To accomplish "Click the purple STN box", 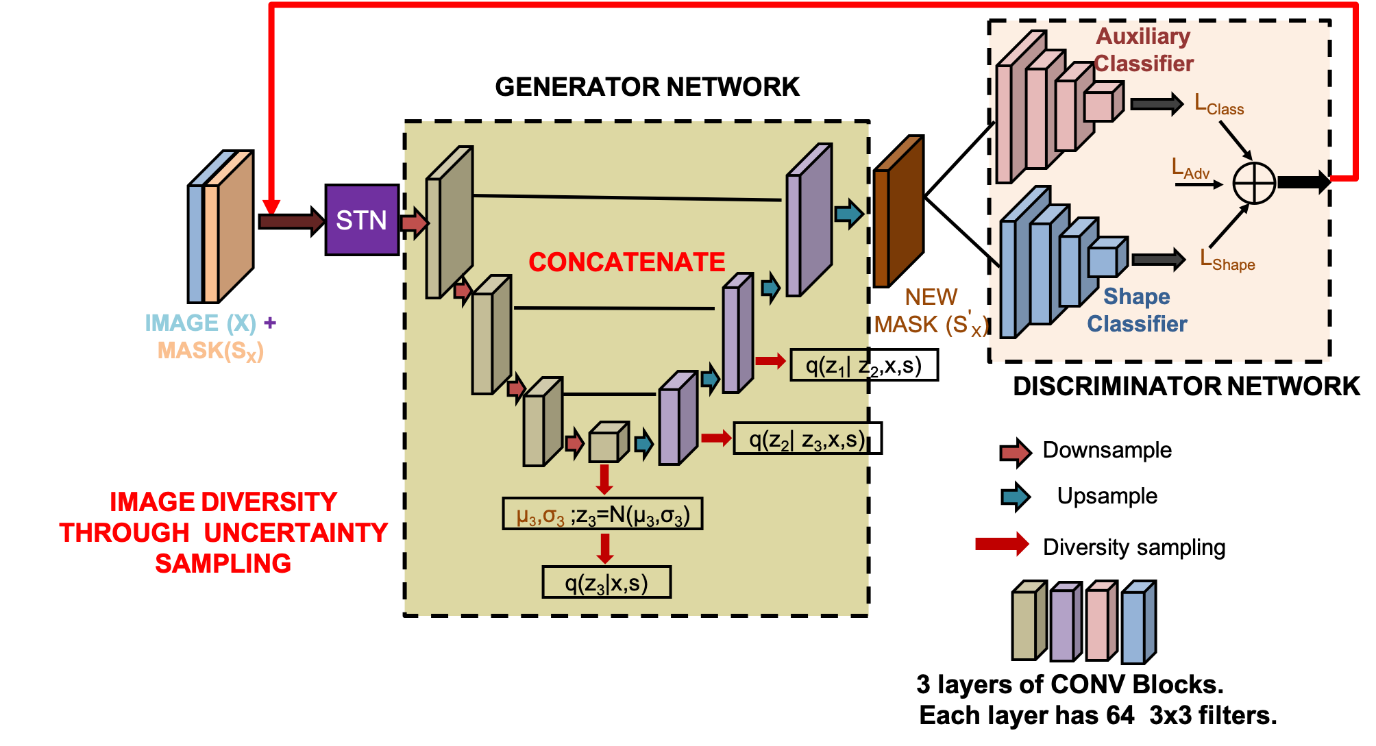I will coord(362,220).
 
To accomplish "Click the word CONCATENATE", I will coord(626,262).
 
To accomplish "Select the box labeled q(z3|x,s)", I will coord(606,583).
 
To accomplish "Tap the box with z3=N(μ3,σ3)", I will coord(602,514).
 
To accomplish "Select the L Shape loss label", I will coord(1227,261).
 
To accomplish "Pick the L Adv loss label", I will coord(1190,169).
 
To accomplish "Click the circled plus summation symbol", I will coord(1253,184).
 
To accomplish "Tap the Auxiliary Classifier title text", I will coord(1143,49).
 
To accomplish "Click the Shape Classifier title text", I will coord(1137,310).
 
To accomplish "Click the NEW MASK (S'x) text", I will coord(931,311).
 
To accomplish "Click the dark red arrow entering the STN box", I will coord(291,221).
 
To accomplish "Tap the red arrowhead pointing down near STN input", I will coord(271,206).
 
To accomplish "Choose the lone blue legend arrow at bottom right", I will coord(1015,497).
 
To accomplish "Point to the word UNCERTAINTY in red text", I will coord(295,532).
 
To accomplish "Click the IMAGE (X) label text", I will coord(200,323).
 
